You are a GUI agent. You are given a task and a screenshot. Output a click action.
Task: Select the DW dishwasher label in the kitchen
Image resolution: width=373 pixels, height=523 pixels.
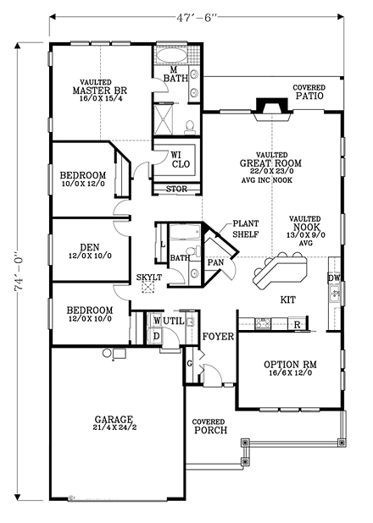pyautogui.click(x=334, y=278)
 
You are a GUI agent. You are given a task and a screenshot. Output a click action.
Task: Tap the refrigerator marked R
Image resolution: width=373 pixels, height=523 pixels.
pyautogui.click(x=297, y=324)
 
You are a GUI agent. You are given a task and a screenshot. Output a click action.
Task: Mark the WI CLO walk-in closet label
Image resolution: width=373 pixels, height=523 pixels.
pyautogui.click(x=177, y=160)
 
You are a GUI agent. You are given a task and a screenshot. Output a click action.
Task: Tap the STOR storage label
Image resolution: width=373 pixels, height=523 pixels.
pyautogui.click(x=176, y=189)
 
